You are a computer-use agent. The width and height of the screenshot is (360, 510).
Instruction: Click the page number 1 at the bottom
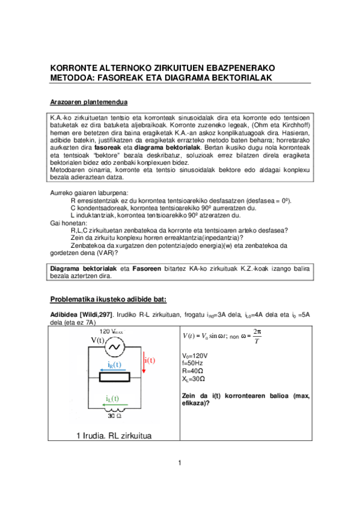point(179,462)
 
